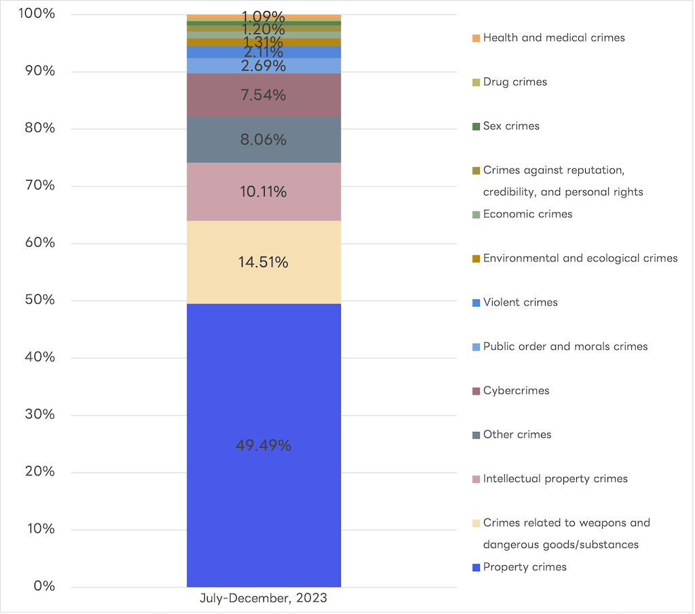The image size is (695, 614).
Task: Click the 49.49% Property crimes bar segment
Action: point(263,446)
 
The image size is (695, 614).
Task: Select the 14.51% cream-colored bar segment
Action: point(263,262)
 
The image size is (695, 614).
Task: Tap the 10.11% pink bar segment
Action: point(263,192)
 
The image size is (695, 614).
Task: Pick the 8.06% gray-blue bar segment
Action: point(263,140)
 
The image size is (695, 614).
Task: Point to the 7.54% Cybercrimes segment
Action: point(263,95)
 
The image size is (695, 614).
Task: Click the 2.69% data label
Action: point(263,66)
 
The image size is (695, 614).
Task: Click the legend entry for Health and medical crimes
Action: point(553,38)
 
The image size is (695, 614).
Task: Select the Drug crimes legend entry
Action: point(514,82)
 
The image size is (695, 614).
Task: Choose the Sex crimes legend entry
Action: point(511,126)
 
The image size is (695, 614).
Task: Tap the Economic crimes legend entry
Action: point(527,215)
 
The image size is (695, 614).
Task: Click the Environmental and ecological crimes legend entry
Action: point(580,259)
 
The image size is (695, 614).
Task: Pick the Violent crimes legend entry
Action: point(520,303)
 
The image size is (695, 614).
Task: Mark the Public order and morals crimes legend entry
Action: point(565,347)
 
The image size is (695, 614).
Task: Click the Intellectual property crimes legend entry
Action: point(555,479)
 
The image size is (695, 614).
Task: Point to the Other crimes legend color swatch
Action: point(476,435)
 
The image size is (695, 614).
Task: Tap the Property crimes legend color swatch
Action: point(476,568)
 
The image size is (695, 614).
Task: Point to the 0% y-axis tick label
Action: point(43,586)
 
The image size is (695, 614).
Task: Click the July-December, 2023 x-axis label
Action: point(263,598)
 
